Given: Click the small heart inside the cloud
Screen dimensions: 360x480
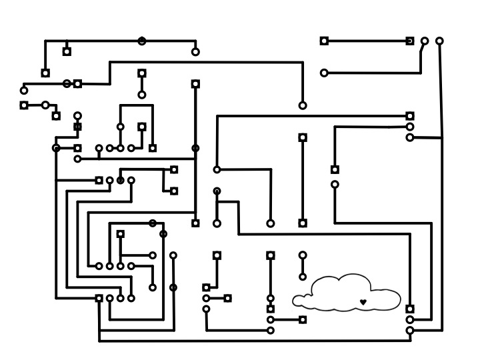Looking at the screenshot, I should click(x=363, y=302).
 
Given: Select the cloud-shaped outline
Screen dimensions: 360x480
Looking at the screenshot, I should click(x=347, y=293).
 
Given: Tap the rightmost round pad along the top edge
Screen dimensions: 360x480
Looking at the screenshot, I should click(x=439, y=41).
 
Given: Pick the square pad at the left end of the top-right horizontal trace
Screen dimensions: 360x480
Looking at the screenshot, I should click(x=324, y=41).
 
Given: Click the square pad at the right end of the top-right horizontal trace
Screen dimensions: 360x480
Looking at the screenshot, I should click(x=410, y=41).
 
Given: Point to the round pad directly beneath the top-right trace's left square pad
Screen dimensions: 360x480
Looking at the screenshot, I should click(x=324, y=73).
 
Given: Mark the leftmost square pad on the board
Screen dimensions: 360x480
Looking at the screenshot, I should click(x=24, y=105).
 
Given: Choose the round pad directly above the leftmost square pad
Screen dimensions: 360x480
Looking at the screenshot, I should click(x=24, y=91).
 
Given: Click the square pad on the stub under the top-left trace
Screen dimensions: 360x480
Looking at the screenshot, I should click(x=67, y=51).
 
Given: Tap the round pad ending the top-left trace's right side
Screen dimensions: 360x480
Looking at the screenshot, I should click(x=195, y=52).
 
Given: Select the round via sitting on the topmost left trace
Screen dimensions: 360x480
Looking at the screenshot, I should click(x=142, y=41).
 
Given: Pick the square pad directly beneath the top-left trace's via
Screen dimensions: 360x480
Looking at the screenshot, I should click(x=142, y=73).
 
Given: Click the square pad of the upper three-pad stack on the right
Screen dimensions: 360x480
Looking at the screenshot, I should click(x=410, y=116).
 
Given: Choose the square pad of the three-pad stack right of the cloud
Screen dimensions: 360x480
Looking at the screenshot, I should click(x=410, y=309).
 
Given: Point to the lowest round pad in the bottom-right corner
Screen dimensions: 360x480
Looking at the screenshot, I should click(x=410, y=331).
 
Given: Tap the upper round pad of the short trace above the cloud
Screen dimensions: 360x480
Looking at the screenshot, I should click(x=303, y=255).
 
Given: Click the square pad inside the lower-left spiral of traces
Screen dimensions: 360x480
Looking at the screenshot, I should click(x=121, y=234).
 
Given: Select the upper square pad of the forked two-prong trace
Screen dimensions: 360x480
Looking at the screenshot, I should click(x=174, y=170).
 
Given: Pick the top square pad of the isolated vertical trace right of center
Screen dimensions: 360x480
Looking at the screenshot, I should click(x=303, y=138).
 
